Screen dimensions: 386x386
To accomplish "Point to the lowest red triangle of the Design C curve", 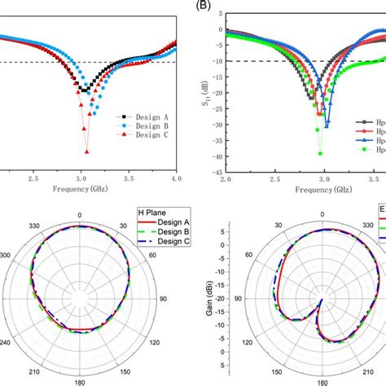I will [85, 151].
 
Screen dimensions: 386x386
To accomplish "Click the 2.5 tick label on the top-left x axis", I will [33, 177].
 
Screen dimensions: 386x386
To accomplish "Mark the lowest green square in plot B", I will [320, 153].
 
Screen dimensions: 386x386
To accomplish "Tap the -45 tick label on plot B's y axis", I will [216, 172].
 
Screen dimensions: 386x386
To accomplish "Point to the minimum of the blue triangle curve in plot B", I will [327, 125].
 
